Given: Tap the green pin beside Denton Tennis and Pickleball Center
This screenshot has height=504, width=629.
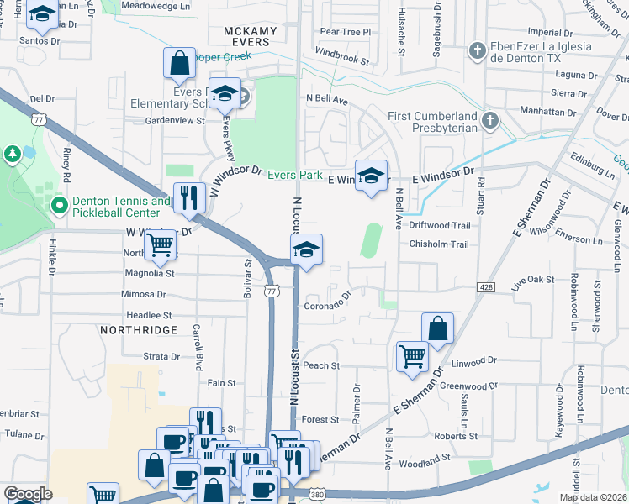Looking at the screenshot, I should coord(58,206).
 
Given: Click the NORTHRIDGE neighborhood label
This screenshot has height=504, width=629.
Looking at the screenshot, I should coord(140,330).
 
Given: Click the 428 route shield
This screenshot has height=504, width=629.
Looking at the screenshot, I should coord(486,287).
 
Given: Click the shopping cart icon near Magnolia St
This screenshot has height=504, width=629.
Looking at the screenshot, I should coord(160,245).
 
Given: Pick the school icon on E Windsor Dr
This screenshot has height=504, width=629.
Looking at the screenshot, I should coord(371,176).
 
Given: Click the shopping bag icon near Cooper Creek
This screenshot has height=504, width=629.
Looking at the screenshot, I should coord(179,63).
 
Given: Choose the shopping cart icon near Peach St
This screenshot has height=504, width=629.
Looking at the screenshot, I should coord(412,355).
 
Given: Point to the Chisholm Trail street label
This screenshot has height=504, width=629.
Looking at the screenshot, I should coord(438,244).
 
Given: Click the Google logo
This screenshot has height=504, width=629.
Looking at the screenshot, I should coord(28,494).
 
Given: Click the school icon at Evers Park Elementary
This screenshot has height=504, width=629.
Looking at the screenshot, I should coord(225,94).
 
